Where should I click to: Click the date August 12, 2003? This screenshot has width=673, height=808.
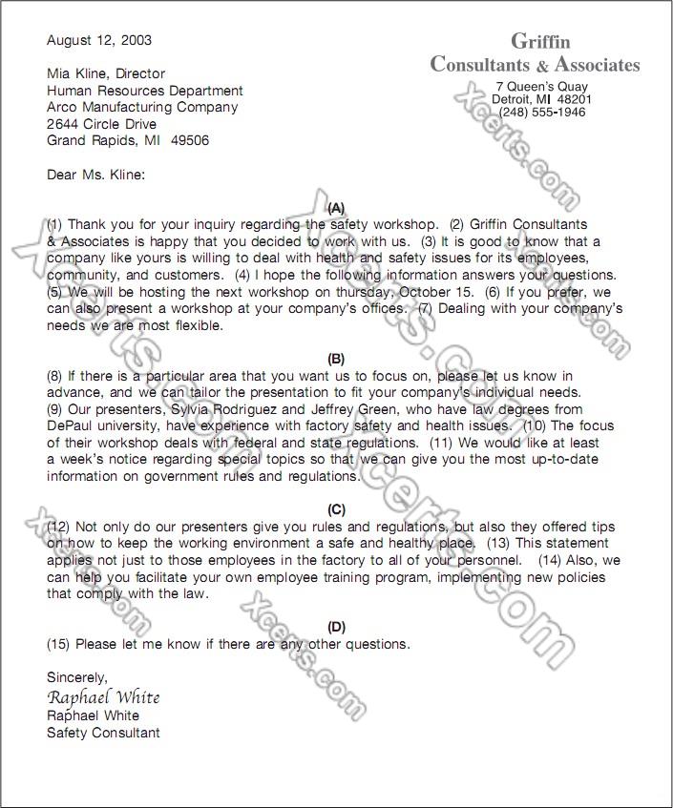click(99, 41)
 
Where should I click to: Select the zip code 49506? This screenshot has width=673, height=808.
click(190, 141)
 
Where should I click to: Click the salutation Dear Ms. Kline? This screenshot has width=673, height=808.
click(96, 175)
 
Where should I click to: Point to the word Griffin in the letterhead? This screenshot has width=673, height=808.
click(540, 41)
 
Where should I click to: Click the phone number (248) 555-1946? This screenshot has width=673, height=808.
click(542, 112)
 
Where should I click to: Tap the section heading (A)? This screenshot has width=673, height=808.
click(336, 207)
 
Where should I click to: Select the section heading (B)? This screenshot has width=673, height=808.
click(336, 359)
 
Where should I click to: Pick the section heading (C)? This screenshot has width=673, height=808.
click(336, 509)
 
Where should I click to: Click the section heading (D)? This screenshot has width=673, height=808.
click(336, 626)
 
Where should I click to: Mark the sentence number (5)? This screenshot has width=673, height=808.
click(56, 292)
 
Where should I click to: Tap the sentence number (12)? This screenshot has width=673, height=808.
click(59, 528)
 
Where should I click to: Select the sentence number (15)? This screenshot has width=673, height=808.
click(59, 644)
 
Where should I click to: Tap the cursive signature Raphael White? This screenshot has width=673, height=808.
click(103, 697)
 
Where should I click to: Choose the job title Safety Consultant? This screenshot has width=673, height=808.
click(103, 733)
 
